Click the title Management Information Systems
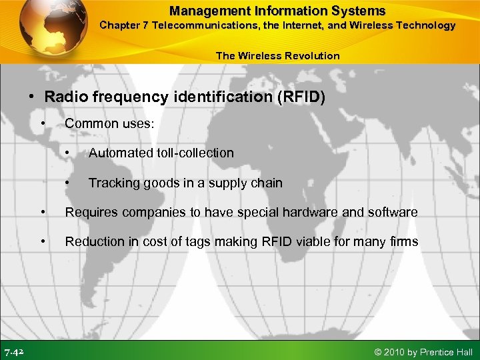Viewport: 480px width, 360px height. point(277,11)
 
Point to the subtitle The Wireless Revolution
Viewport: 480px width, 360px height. point(277,56)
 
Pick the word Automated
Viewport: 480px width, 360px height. point(121,153)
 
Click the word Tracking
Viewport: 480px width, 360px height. point(111,183)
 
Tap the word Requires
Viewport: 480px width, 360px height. point(89,213)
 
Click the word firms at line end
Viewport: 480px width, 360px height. point(403,242)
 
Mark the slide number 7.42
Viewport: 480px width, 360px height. point(15,351)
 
